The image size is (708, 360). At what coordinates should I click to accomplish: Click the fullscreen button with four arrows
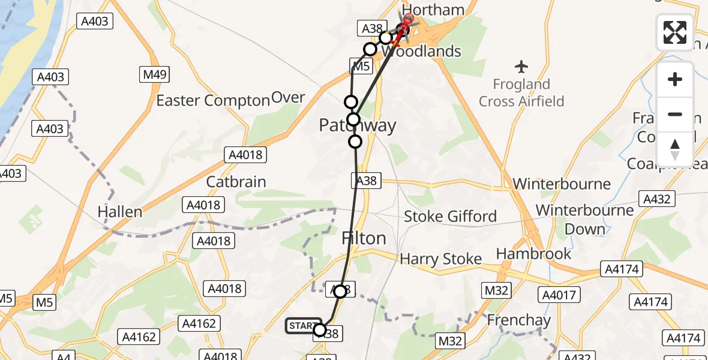675,32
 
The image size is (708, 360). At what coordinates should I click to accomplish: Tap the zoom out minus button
675,114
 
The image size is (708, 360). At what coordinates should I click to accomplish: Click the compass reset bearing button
675,149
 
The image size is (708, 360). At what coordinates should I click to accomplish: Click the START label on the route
302,326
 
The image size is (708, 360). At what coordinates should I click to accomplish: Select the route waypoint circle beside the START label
320,330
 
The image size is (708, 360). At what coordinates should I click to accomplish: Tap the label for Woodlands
421,51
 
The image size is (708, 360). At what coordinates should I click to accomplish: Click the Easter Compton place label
213,100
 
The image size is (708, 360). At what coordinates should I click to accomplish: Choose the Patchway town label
358,125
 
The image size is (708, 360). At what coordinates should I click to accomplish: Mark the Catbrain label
236,182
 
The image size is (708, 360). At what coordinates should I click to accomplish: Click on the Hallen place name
121,211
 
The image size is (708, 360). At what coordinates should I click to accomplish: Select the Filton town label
364,238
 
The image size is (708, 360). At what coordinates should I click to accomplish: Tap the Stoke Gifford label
450,216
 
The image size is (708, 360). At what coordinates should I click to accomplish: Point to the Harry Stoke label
441,259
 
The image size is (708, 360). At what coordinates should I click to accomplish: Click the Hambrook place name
534,254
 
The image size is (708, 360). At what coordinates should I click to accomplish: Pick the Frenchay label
518,320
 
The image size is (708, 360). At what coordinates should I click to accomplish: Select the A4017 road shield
559,295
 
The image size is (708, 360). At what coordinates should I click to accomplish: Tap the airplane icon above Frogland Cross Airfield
521,65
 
